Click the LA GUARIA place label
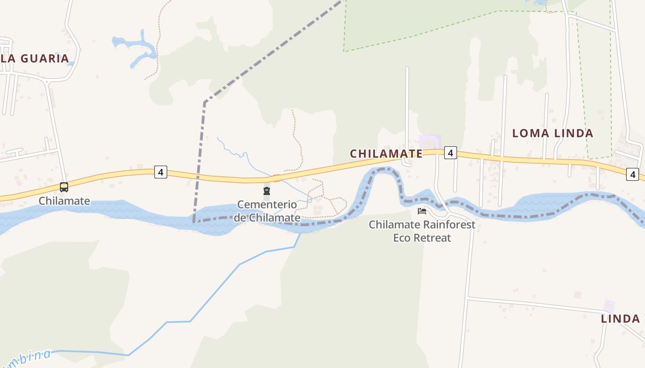coord(35,58)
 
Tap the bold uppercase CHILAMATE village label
coord(386,154)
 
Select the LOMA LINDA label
coord(553,133)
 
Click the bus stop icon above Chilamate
coord(64,187)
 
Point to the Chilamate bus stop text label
coord(64,201)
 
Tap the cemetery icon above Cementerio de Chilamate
coord(266,191)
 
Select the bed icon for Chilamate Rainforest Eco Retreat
coord(422,211)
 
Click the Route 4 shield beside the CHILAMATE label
coord(450,153)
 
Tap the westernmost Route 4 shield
coord(160,172)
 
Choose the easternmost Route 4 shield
coord(633,174)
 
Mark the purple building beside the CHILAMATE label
coord(430,141)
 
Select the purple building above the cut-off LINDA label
coord(609,306)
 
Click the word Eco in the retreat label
coord(403,238)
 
